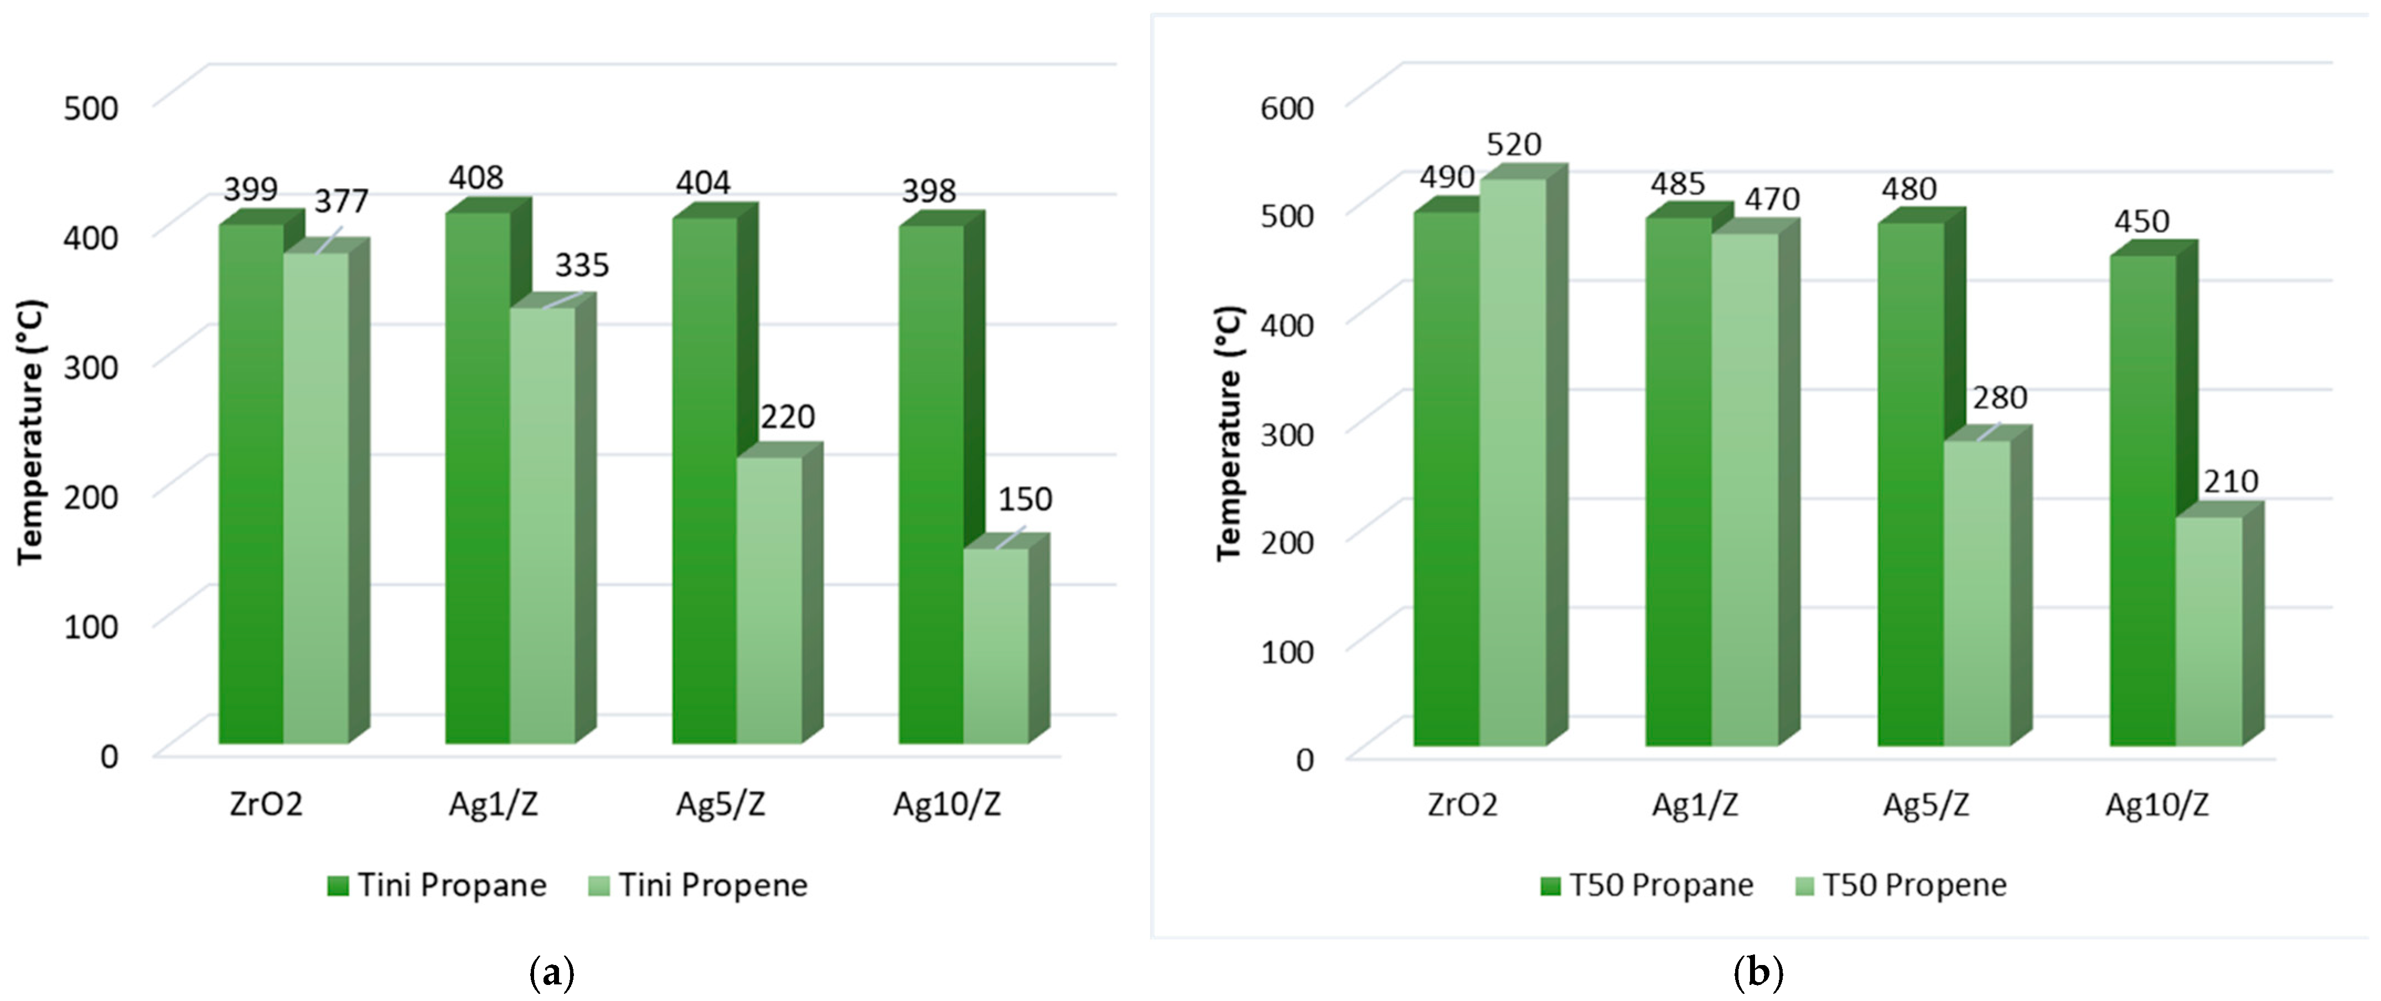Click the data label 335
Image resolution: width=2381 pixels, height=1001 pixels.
coord(581,265)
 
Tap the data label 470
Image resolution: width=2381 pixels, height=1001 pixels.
coord(1771,199)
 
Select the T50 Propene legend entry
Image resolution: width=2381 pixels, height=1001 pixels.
coord(1901,885)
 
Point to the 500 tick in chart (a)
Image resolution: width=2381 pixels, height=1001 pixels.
coord(91,107)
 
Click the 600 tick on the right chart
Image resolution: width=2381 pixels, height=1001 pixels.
coord(1287,107)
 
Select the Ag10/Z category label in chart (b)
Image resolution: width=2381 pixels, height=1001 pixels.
coord(2156,804)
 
